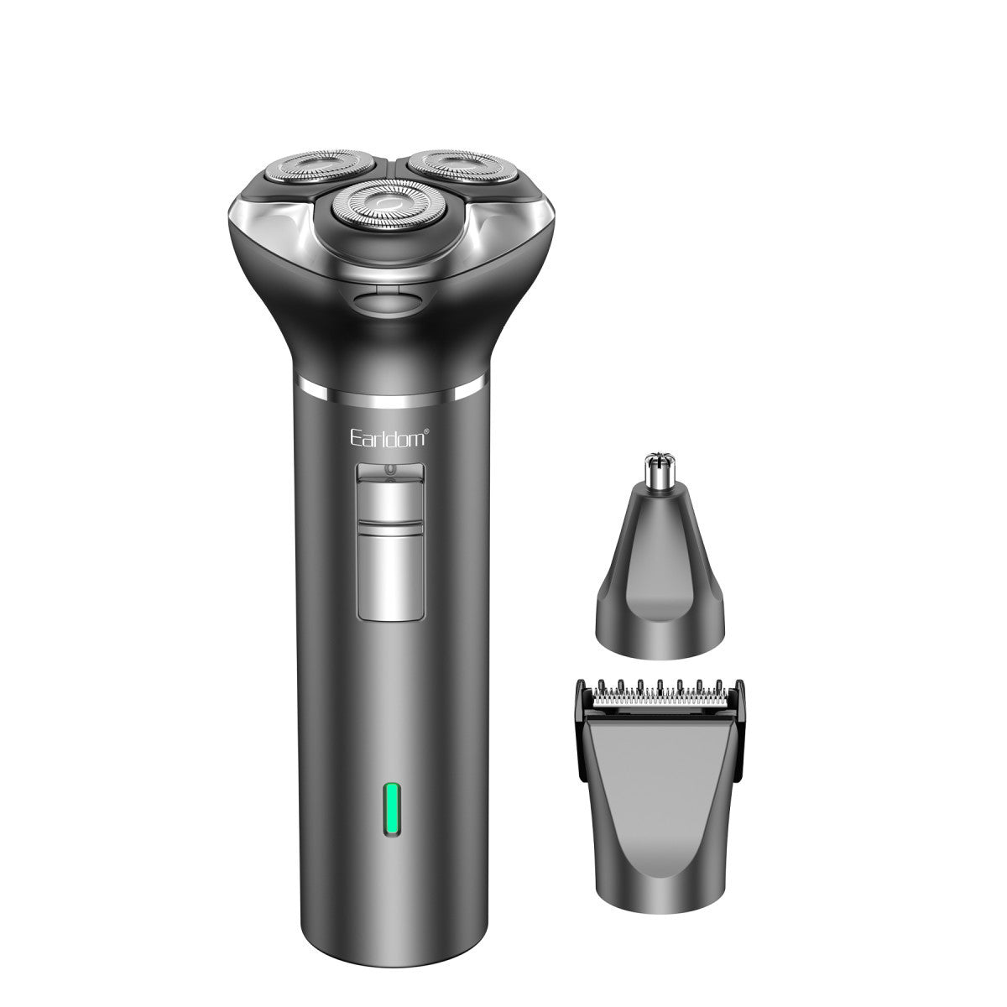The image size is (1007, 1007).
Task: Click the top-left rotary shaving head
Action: [x=319, y=167]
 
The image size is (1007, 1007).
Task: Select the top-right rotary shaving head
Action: [x=462, y=167]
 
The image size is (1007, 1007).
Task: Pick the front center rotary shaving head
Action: [x=389, y=205]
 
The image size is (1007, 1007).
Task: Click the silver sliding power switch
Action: [x=390, y=503]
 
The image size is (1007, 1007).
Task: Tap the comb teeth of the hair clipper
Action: [x=660, y=691]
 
